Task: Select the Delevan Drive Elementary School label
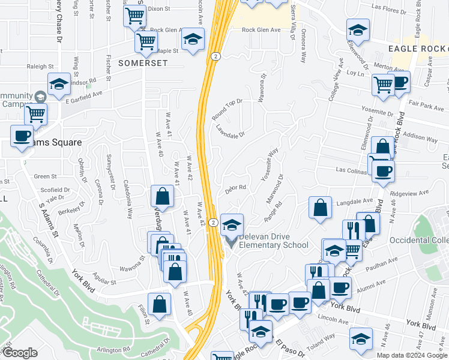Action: point(274,241)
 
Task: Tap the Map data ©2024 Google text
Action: point(411,355)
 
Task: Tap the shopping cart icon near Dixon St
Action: point(135,15)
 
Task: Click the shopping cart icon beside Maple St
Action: point(146,41)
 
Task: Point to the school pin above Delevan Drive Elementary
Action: point(232,224)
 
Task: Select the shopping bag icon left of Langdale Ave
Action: point(321,207)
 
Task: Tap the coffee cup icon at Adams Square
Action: point(22,136)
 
